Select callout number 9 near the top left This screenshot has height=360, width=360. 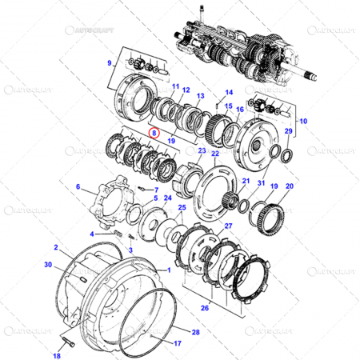(x=109, y=62)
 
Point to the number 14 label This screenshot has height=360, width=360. (x=228, y=93)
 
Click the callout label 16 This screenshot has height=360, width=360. (x=239, y=107)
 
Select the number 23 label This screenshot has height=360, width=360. (x=202, y=150)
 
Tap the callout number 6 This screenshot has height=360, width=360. (x=79, y=187)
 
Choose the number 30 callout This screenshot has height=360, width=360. (x=47, y=265)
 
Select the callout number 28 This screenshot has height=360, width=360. (x=197, y=330)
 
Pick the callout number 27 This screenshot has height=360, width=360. (x=228, y=226)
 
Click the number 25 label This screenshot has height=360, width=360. (x=181, y=208)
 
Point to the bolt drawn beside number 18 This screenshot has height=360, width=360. (x=67, y=343)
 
